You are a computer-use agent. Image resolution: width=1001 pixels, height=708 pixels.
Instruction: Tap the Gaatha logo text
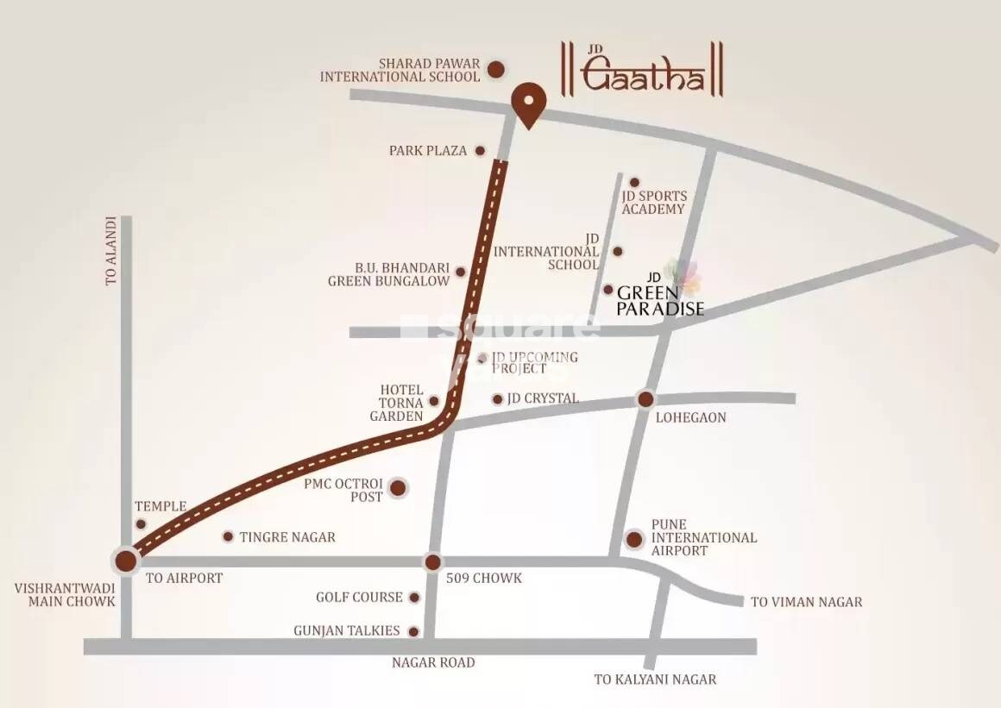(x=644, y=75)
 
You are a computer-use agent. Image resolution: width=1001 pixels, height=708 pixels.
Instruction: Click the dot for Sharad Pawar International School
(x=496, y=69)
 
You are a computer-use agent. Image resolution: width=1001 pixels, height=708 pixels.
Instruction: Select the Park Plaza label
(x=428, y=151)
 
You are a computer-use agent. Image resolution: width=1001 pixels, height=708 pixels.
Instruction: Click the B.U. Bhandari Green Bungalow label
(x=389, y=273)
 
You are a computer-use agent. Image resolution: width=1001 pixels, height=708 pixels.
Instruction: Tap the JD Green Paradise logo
(x=660, y=293)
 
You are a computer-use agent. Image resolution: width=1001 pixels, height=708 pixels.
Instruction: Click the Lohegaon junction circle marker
(x=645, y=399)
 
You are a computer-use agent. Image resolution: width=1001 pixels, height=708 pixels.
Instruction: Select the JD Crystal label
(x=543, y=398)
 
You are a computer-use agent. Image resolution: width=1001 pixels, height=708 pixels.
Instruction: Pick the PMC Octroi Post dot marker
(x=398, y=489)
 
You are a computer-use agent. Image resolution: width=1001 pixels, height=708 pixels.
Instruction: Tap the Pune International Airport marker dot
(x=634, y=540)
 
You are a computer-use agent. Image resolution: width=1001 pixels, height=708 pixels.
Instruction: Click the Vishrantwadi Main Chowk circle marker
(x=126, y=561)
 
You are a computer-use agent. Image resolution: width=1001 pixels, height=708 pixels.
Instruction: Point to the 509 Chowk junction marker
(x=432, y=562)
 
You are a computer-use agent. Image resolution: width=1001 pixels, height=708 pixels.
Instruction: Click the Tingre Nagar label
(x=287, y=537)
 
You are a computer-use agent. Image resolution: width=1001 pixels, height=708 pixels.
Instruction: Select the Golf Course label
(x=359, y=597)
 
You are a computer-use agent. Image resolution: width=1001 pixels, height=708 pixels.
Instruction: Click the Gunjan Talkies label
(x=347, y=631)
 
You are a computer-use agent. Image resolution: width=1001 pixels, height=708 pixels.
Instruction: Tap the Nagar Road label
(x=433, y=662)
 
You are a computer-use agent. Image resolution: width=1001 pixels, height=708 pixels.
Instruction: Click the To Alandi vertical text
(x=110, y=252)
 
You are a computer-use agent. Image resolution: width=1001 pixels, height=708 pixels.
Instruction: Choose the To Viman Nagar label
(x=806, y=602)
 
